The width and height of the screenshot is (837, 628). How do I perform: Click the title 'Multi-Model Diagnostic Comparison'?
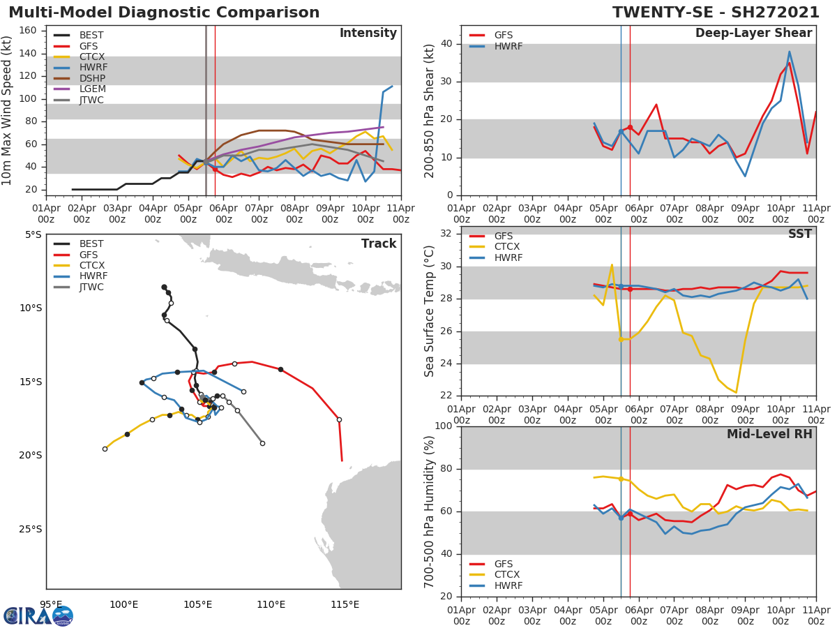coord(164,13)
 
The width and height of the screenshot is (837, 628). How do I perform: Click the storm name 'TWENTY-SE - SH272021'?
coord(716,13)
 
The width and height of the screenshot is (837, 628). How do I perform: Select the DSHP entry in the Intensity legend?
coord(92,78)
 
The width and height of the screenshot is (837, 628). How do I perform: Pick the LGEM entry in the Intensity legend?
coord(92,89)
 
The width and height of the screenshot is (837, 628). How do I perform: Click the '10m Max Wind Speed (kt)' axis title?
coord(8,110)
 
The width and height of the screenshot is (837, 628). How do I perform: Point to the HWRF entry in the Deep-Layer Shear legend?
coord(508,46)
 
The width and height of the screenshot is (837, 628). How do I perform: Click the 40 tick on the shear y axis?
coord(447,44)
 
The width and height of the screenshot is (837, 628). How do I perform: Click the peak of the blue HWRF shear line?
coord(789,52)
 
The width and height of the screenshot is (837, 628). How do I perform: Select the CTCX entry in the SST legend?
coord(508,247)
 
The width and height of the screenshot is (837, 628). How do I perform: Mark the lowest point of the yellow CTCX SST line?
coord(736,392)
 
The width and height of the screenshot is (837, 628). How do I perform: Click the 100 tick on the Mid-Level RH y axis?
coord(444,426)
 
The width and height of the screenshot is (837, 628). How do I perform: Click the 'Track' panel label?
coord(378,244)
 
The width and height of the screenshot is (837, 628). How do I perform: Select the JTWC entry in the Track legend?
coord(91,287)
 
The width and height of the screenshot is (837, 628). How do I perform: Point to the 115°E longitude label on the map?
coord(345,604)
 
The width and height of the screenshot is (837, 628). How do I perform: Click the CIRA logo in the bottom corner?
coord(38,616)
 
